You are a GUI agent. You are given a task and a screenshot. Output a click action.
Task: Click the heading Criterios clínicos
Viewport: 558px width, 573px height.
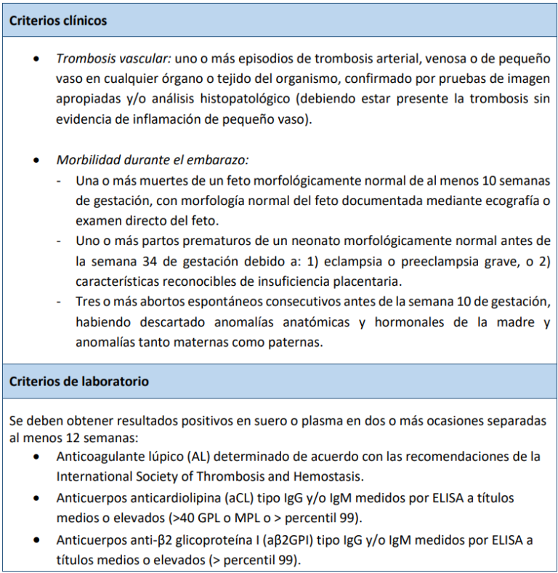(58, 20)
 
